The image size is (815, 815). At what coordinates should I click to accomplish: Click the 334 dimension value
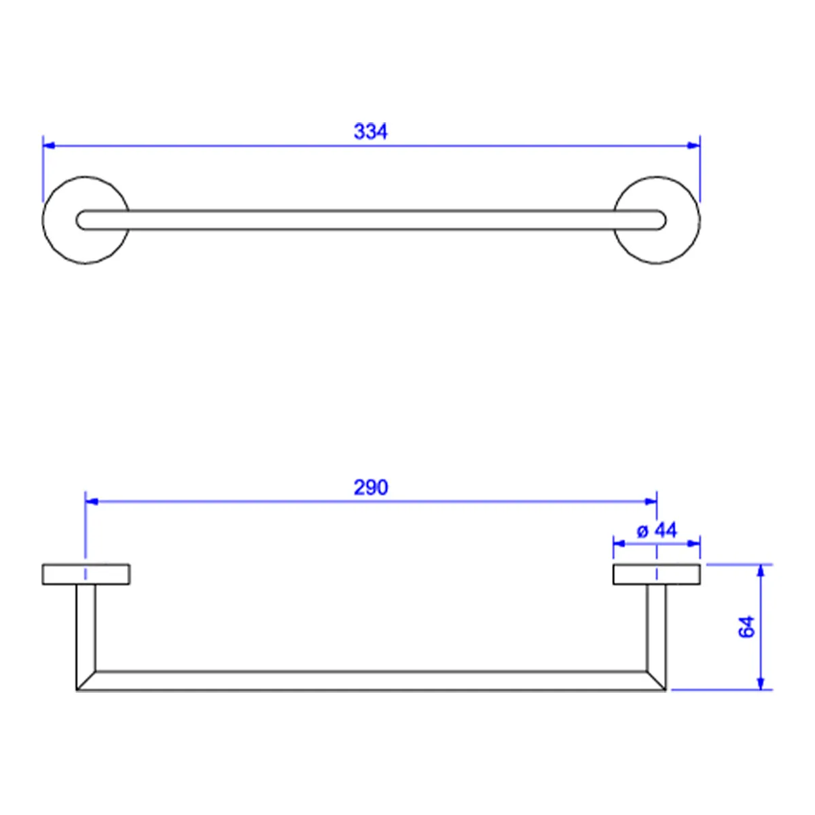[371, 132]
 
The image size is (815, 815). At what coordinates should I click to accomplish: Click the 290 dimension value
[371, 488]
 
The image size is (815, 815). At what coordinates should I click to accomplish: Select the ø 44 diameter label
[657, 530]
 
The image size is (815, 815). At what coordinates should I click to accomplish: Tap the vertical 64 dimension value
[746, 627]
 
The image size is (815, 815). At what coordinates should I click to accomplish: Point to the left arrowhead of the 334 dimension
[49, 145]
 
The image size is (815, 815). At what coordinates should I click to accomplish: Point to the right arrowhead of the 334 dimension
[694, 145]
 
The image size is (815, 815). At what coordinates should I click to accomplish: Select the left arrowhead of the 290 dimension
[92, 502]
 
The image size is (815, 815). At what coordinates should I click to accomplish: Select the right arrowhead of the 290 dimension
[651, 502]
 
